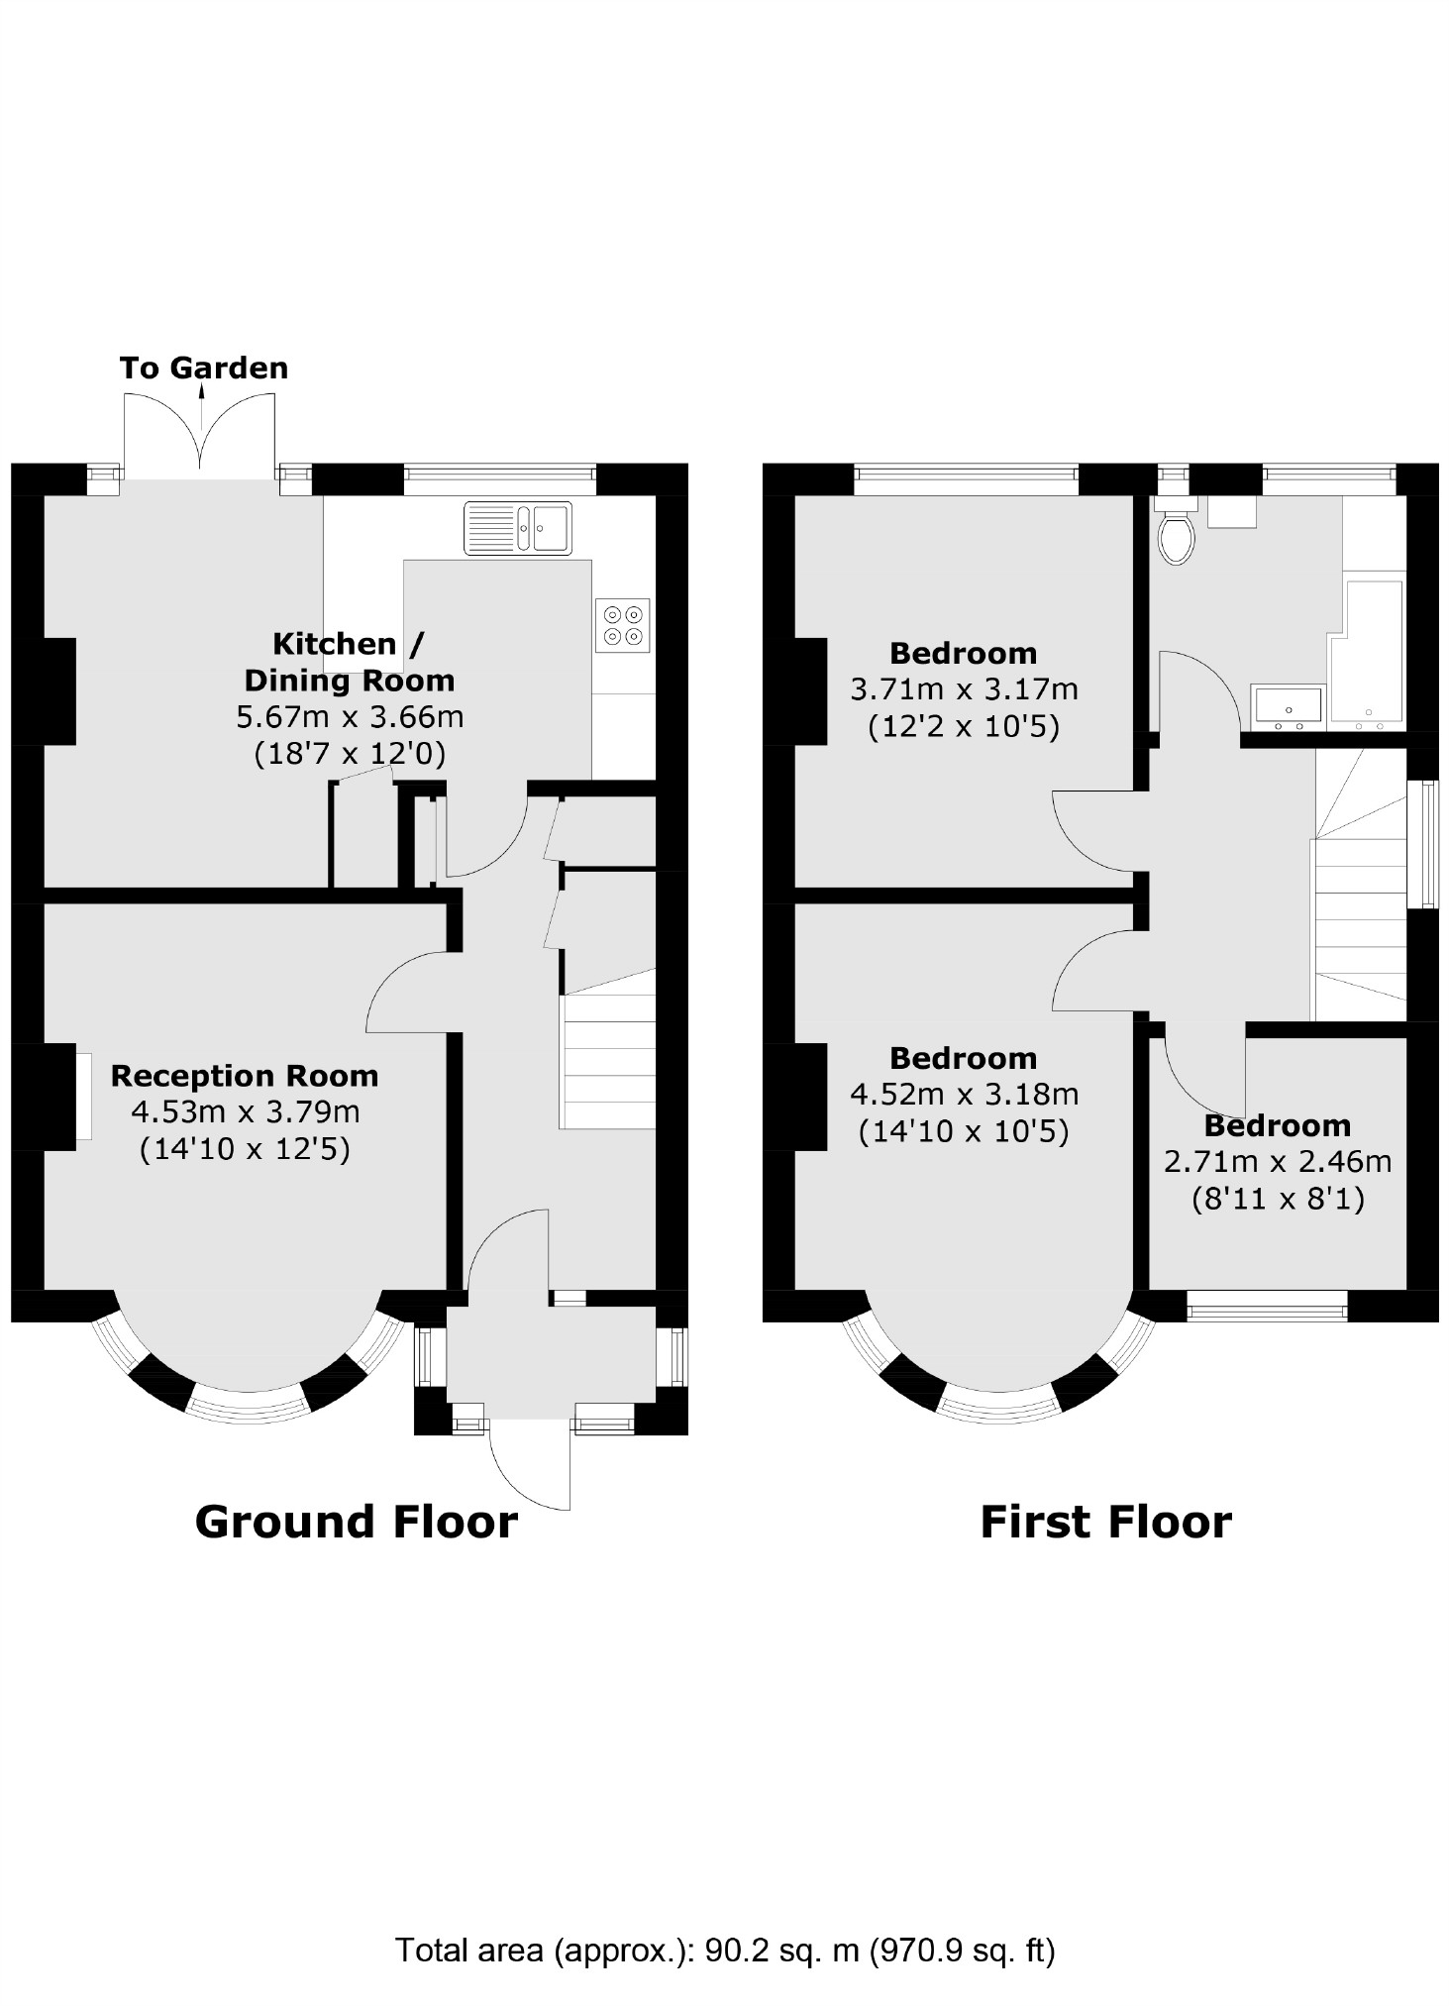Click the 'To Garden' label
tap(204, 369)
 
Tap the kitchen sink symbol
tap(517, 528)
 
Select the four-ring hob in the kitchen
tap(623, 625)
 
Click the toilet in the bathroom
tap(1177, 536)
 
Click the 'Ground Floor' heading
tap(356, 1523)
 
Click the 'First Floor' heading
tap(1105, 1523)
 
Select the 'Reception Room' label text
tap(244, 1076)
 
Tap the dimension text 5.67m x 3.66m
tap(350, 716)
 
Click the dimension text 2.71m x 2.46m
tap(1278, 1162)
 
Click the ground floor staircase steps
tap(608, 1060)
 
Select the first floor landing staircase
tap(1359, 921)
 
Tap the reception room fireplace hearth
tap(84, 1097)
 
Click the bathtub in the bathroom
tap(1367, 654)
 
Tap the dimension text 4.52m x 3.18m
tap(964, 1095)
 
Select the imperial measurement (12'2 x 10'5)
tap(964, 728)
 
